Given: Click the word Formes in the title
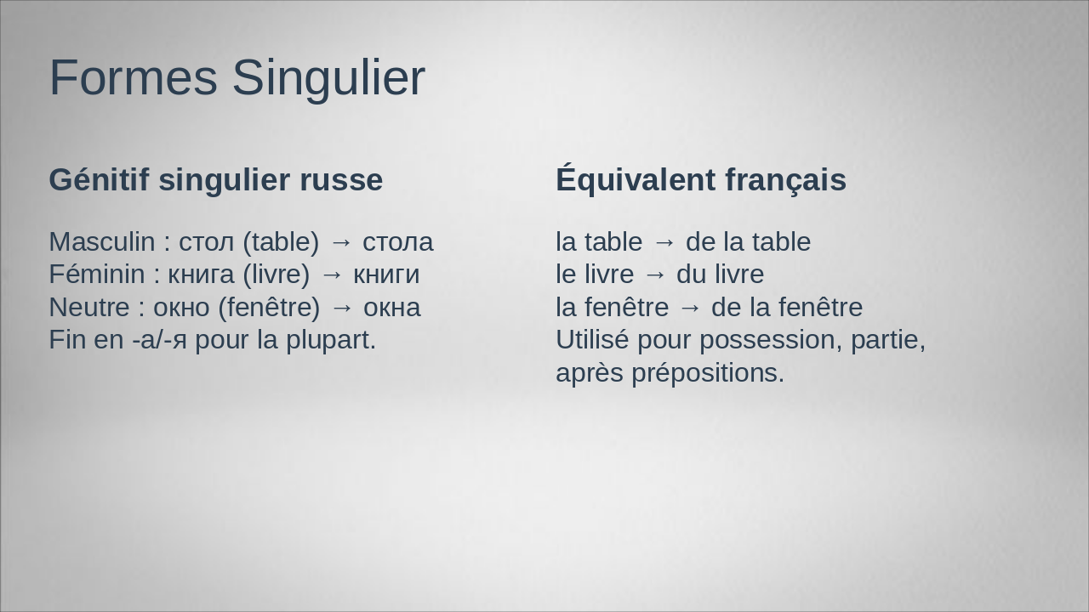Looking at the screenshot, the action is pyautogui.click(x=134, y=77).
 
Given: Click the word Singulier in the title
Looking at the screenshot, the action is pyautogui.click(x=328, y=80).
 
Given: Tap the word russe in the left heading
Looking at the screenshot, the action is pyautogui.click(x=341, y=180).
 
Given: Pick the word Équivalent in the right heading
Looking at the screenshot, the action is pyautogui.click(x=636, y=178).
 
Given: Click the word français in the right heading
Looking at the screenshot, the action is pyautogui.click(x=785, y=181).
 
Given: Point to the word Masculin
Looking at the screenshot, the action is pyautogui.click(x=102, y=242).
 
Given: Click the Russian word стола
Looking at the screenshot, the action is pyautogui.click(x=397, y=243).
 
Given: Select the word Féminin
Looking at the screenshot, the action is pyautogui.click(x=97, y=274).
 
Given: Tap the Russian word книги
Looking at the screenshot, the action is pyautogui.click(x=386, y=275).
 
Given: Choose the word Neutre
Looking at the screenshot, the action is pyautogui.click(x=89, y=308).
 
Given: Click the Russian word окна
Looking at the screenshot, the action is pyautogui.click(x=392, y=308).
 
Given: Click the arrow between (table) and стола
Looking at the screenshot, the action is pyautogui.click(x=341, y=242).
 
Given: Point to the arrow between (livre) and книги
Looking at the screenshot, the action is pyautogui.click(x=332, y=275).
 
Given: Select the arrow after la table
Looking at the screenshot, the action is pyautogui.click(x=664, y=242).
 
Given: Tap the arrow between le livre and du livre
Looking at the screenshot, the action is pyautogui.click(x=655, y=275).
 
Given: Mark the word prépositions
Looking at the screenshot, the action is pyautogui.click(x=708, y=374).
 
